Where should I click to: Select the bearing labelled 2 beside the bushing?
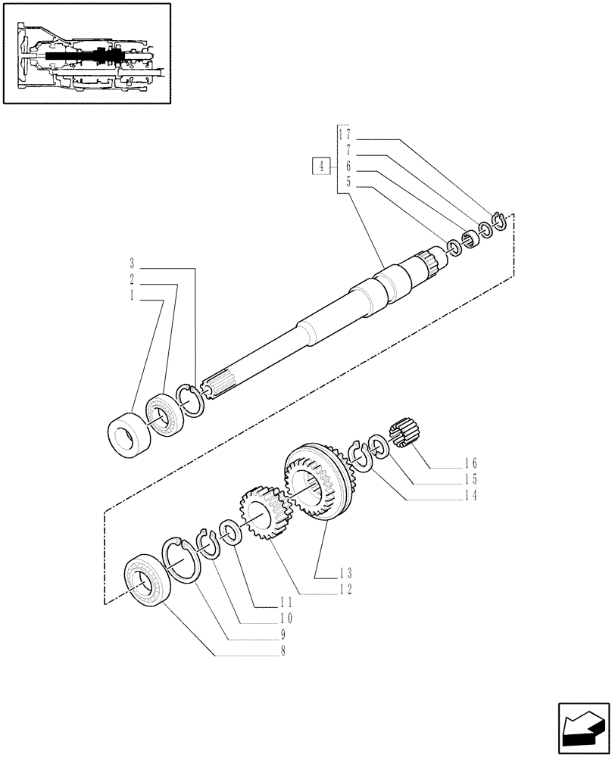click(x=162, y=415)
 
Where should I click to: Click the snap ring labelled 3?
click(x=189, y=400)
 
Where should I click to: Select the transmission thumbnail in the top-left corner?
click(x=86, y=55)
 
